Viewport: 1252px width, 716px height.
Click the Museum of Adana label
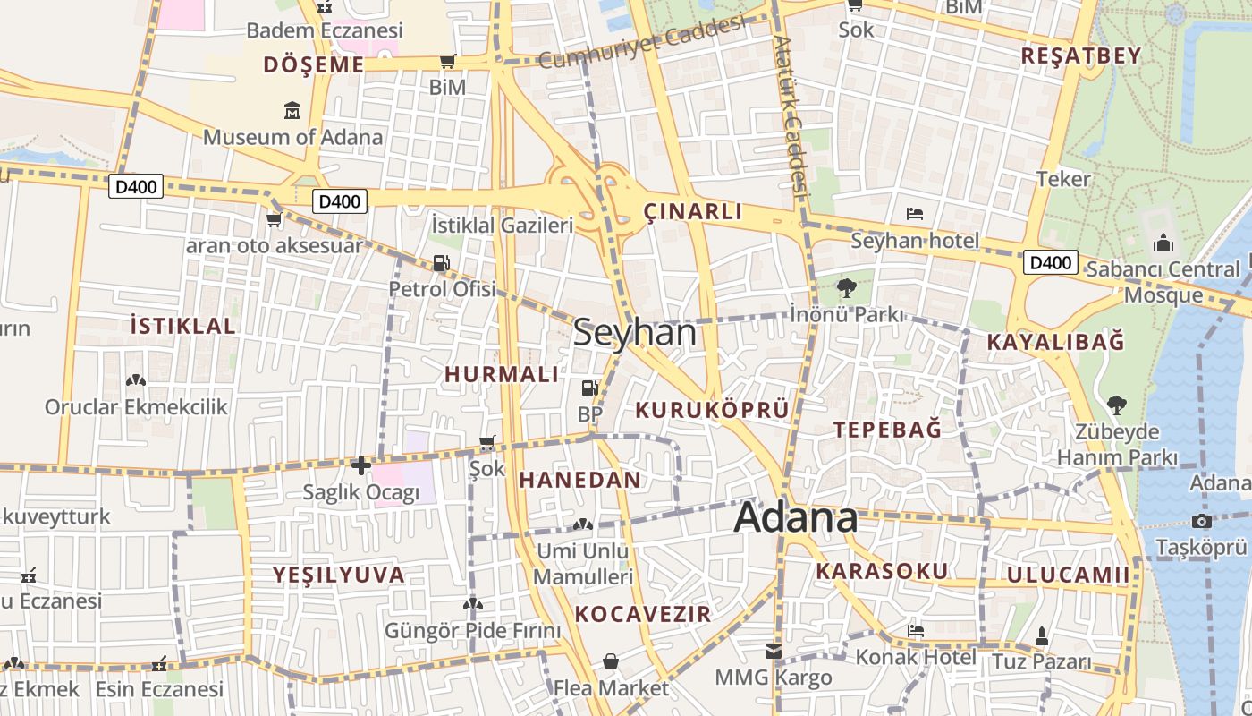point(292,137)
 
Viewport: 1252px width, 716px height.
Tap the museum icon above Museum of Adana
point(292,111)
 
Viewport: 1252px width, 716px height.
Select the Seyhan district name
point(634,333)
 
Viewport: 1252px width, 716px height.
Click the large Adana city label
point(796,518)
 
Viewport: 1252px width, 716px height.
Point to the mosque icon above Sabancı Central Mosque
point(1163,243)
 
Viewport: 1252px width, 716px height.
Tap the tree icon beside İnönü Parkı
point(846,288)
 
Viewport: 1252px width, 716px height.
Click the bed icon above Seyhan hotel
point(915,214)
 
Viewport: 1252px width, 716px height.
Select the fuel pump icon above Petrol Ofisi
point(441,263)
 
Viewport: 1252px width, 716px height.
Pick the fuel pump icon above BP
point(589,388)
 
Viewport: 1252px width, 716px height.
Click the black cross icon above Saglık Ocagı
point(360,465)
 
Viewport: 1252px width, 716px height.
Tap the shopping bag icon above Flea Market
point(611,661)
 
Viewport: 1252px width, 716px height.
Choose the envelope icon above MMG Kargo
point(773,652)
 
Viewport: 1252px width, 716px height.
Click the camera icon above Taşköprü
point(1201,521)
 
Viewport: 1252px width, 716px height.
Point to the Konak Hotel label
point(916,657)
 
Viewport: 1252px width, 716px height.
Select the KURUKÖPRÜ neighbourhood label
point(712,410)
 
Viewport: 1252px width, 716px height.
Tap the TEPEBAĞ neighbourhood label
point(887,429)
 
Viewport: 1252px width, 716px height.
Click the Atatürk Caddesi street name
point(791,116)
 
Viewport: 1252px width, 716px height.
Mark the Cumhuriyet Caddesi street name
point(642,42)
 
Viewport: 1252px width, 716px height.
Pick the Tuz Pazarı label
point(1041,662)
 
